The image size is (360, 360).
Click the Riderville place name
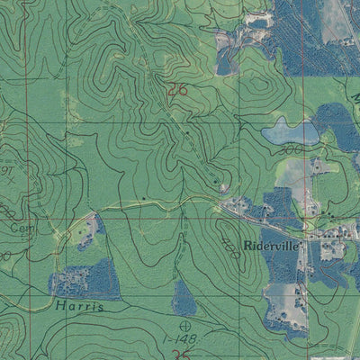(269, 243)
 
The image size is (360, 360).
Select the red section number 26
(177, 88)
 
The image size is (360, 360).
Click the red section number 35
(168, 354)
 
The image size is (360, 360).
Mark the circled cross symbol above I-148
(186, 324)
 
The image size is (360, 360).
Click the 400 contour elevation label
(229, 240)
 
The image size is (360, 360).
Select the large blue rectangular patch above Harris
(86, 280)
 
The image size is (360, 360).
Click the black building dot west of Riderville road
(144, 196)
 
